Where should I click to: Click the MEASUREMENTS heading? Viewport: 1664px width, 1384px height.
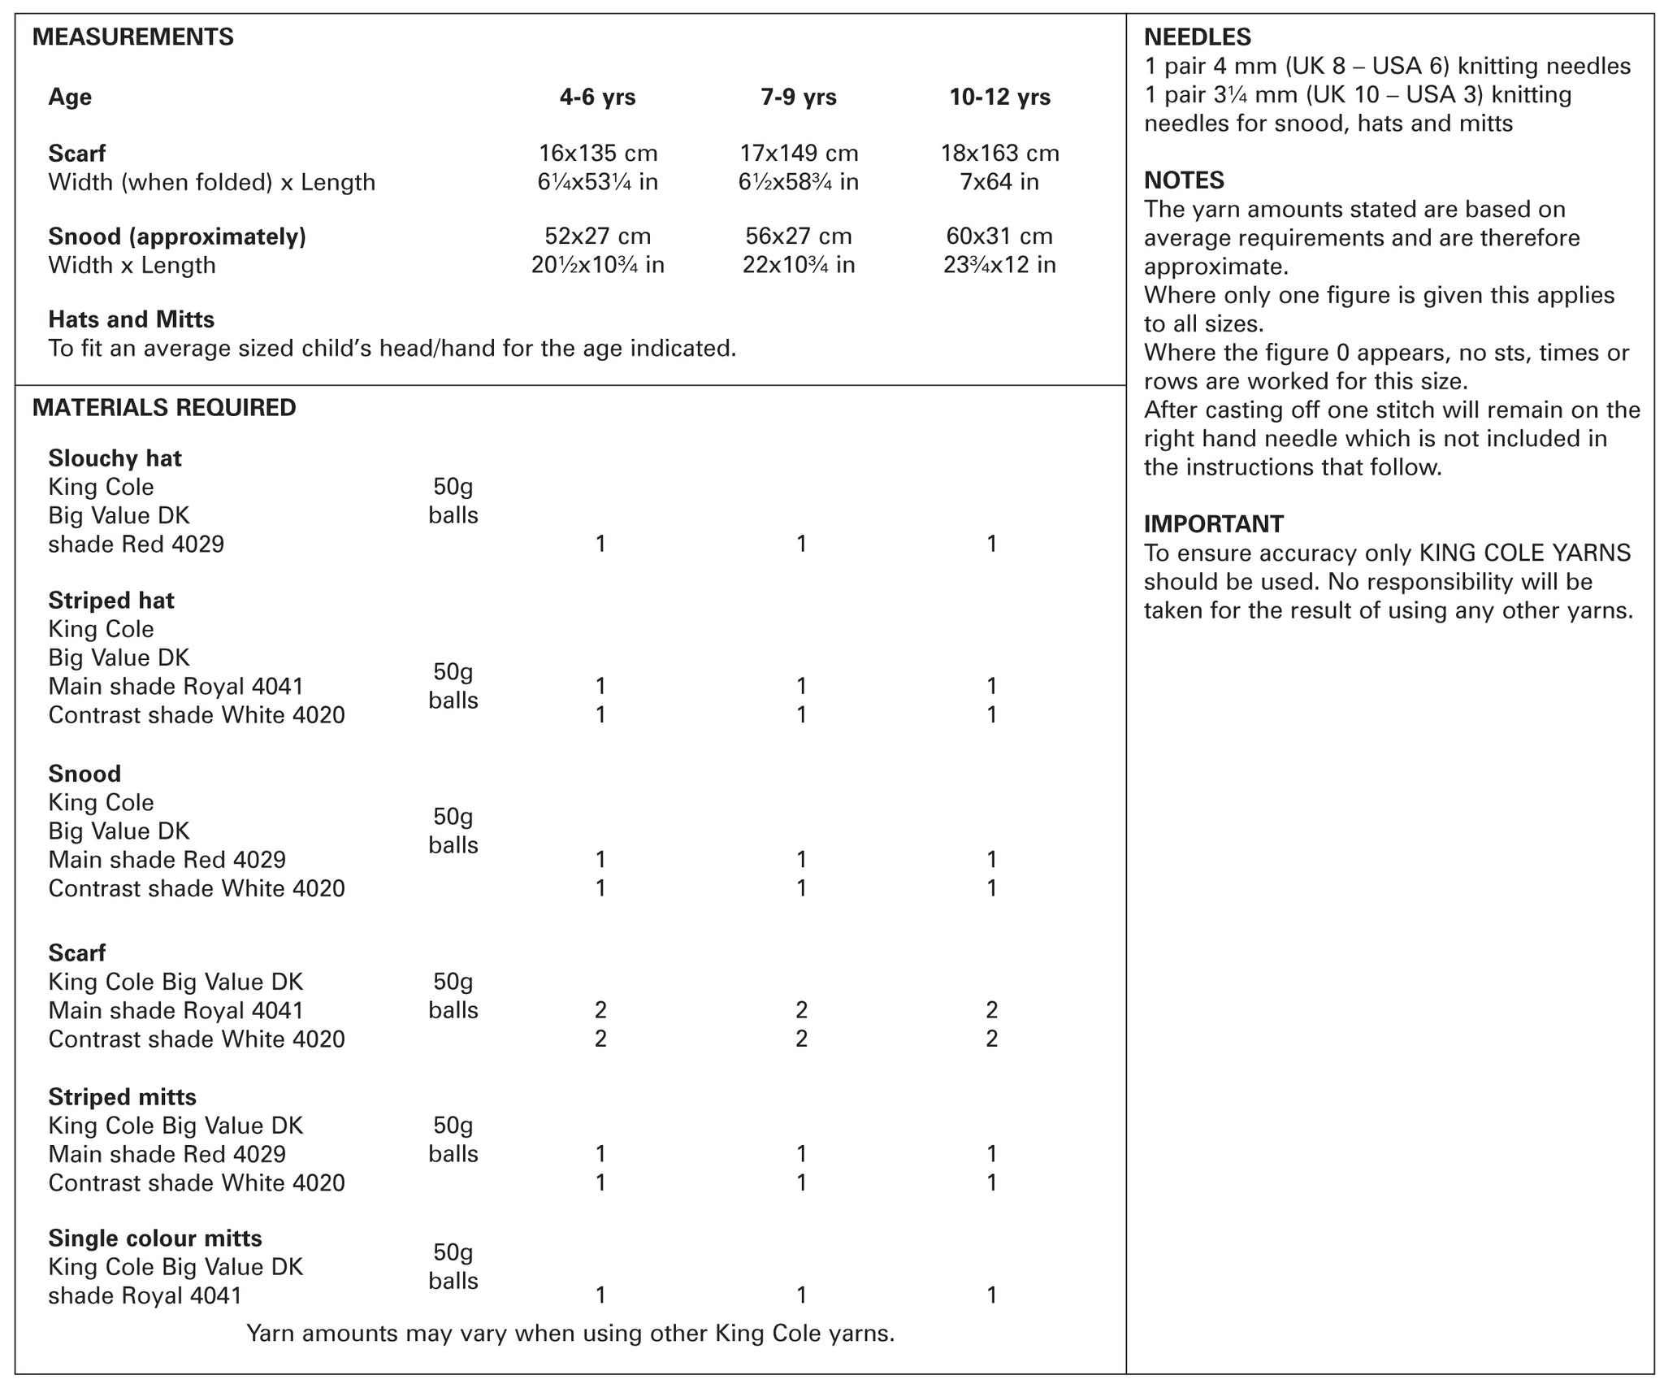[132, 37]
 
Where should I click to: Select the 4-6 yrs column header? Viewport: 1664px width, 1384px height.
[597, 98]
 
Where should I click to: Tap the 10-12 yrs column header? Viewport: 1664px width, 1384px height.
[999, 98]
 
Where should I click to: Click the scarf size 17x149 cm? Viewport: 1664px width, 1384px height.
[799, 154]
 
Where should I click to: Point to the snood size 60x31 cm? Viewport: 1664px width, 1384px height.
[999, 236]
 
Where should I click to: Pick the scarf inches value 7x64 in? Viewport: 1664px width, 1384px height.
[999, 182]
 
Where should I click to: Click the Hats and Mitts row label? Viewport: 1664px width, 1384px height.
[131, 319]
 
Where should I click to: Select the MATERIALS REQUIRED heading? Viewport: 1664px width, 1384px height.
[164, 408]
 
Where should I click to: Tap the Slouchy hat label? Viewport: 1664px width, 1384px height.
[115, 458]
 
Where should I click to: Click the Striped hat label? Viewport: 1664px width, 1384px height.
[111, 601]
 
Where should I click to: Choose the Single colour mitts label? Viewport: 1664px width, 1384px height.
[155, 1239]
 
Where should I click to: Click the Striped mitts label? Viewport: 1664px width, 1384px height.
[122, 1097]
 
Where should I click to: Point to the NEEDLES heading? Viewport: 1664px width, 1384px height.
[1197, 37]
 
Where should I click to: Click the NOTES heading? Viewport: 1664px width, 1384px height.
[1184, 180]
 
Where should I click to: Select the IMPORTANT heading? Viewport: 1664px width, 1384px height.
[1214, 524]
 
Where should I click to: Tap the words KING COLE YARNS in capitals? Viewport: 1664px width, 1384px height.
[1524, 553]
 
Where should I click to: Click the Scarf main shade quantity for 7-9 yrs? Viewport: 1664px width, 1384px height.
[801, 1010]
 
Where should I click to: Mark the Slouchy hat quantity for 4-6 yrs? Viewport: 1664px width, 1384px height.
[600, 544]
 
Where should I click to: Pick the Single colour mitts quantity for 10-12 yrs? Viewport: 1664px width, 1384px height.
[991, 1295]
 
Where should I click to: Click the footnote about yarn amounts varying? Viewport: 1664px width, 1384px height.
[570, 1334]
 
